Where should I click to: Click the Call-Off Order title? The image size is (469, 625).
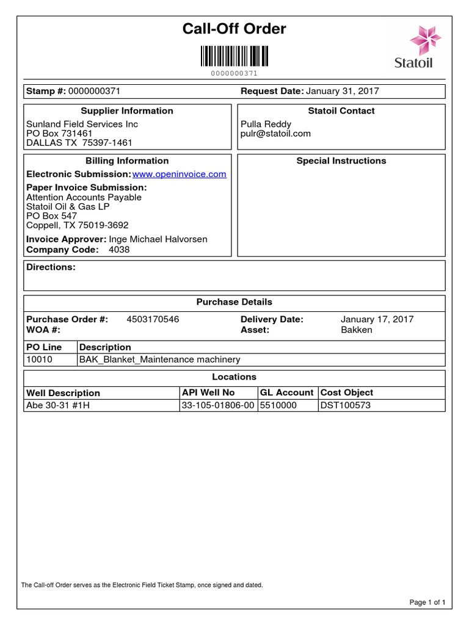pos(234,29)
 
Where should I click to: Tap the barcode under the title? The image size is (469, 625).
pos(234,57)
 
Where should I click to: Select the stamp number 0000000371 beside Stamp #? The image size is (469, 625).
pos(95,91)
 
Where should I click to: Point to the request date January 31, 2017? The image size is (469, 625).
pos(342,91)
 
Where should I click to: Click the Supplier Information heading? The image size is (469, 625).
pos(127,111)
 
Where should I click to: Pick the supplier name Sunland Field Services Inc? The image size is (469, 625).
pos(82,124)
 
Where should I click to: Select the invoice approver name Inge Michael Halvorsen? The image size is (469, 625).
pos(158,239)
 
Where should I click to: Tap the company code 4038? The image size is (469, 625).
pos(119,250)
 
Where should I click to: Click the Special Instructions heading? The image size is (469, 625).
pos(341,161)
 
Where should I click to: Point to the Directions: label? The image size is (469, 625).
pos(51,267)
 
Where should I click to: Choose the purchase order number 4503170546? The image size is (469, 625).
pos(153,319)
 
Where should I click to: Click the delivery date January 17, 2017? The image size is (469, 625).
pos(377,319)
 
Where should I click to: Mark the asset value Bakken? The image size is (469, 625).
pos(356,330)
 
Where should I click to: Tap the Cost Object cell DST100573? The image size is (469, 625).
pos(346,405)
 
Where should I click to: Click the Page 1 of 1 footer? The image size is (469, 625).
pos(427,602)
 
